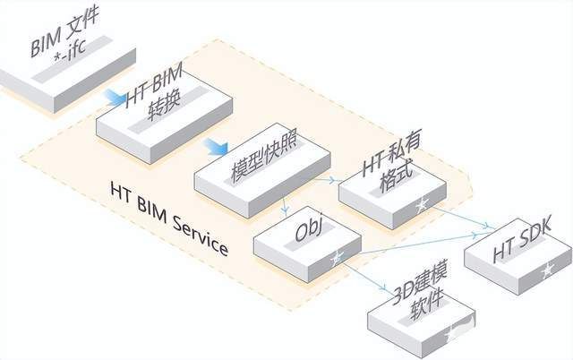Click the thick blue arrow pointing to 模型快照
point(214,145)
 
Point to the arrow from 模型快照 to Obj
point(285,207)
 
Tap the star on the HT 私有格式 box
point(422,205)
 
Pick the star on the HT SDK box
point(548,270)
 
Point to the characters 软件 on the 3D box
point(425,312)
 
